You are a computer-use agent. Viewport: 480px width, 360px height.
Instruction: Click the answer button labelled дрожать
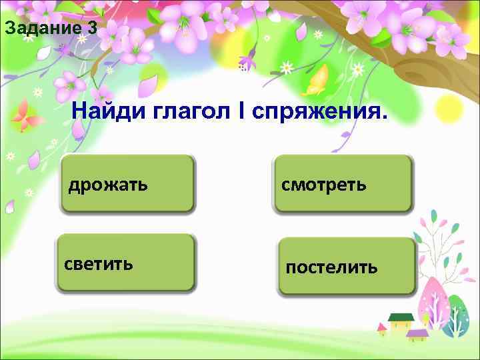(127, 184)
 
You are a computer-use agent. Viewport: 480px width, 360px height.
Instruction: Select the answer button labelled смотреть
(343, 184)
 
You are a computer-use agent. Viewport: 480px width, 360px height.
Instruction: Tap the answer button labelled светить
(126, 263)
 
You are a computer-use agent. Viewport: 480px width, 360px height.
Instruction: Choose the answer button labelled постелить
(347, 267)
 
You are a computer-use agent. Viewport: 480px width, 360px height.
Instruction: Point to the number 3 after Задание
(92, 29)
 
